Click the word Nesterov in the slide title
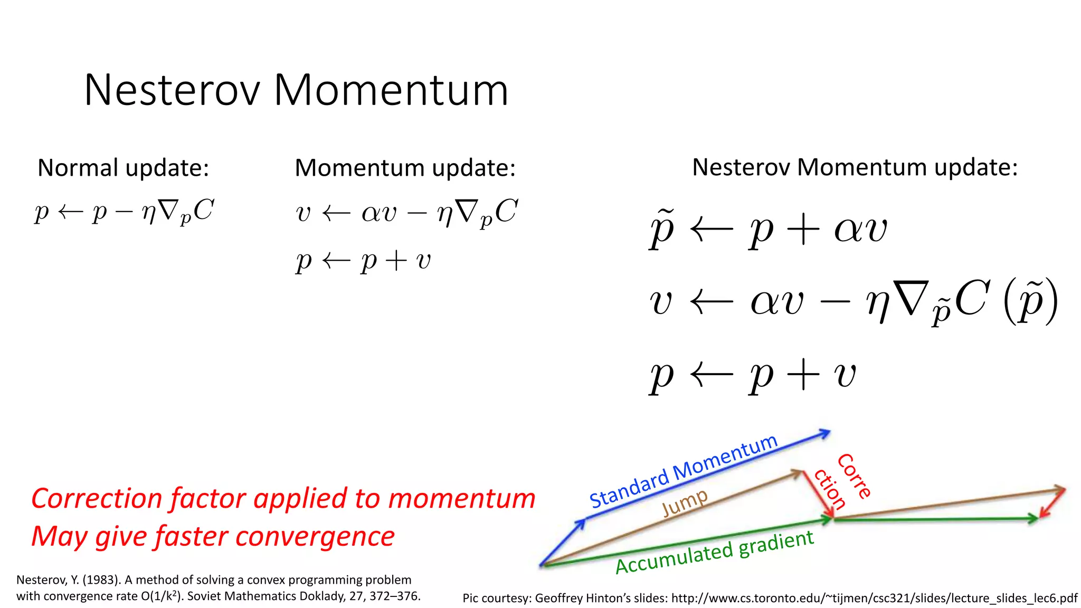point(172,90)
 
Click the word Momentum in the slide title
point(391,90)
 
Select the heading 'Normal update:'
point(123,168)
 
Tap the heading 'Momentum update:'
point(405,168)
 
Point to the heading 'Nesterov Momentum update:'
point(855,167)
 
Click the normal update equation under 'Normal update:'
point(124,211)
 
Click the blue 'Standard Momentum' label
point(683,471)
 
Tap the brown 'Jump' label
point(685,502)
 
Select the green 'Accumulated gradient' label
point(715,553)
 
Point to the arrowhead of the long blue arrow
point(826,433)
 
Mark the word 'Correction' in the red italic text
point(97,498)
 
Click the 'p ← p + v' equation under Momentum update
point(363,261)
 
